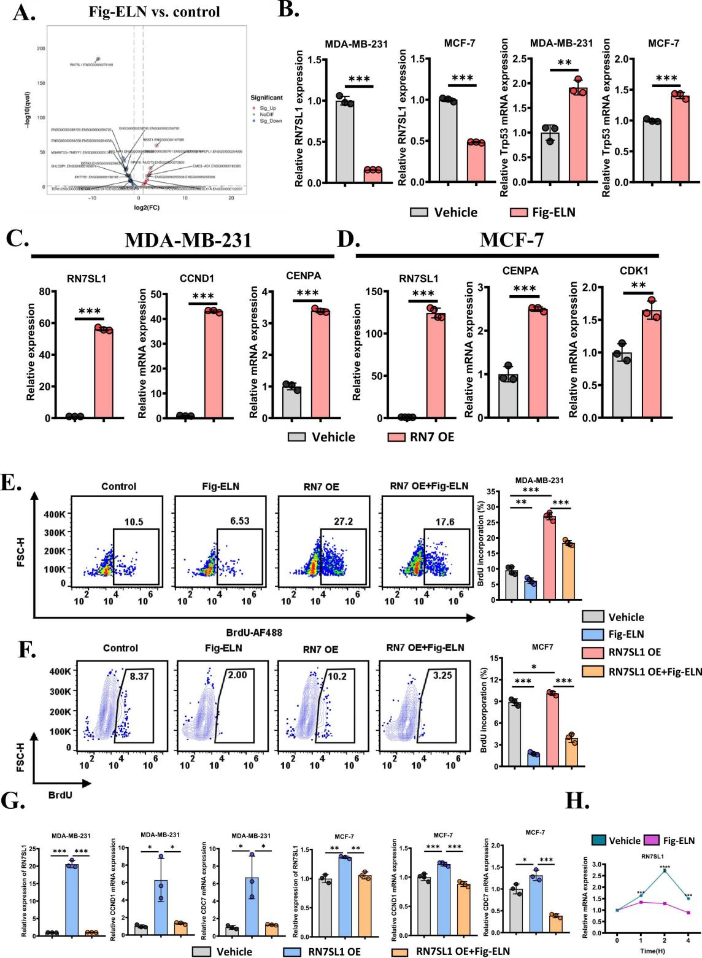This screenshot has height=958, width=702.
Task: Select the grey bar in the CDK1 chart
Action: tap(622, 385)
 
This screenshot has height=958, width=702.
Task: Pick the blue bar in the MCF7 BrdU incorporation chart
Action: tap(533, 757)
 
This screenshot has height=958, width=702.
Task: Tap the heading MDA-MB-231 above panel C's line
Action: tap(188, 240)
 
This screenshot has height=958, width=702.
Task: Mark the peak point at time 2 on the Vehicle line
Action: tap(664, 870)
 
